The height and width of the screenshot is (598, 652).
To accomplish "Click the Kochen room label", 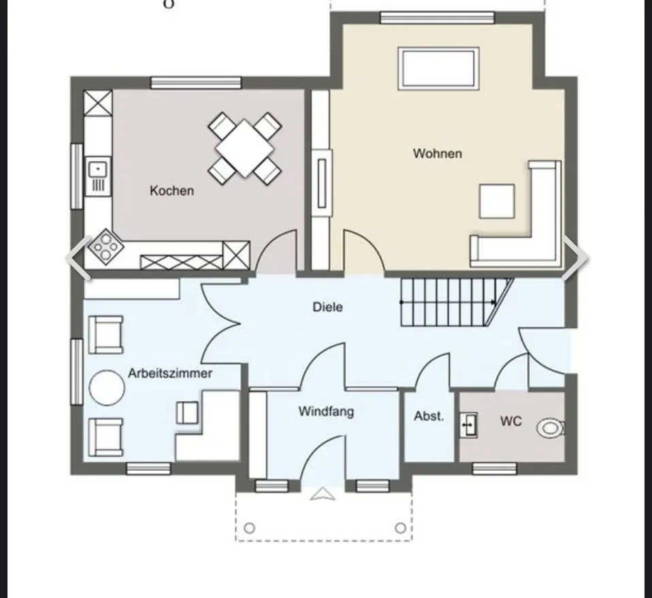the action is [172, 190].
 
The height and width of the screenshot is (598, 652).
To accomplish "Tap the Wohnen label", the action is [438, 153].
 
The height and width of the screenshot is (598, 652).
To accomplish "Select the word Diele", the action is [327, 307].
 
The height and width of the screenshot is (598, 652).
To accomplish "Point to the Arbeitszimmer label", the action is [170, 373].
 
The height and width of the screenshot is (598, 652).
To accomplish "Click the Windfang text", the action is [327, 412].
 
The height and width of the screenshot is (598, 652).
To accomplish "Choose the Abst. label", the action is [429, 416].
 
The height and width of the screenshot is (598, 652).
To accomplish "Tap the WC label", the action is [510, 421].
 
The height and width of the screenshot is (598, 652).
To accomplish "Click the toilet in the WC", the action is [551, 428].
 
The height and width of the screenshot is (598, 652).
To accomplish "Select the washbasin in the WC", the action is [468, 425].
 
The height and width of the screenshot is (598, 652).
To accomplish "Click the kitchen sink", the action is [98, 176].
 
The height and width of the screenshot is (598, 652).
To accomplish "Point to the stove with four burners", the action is [105, 247].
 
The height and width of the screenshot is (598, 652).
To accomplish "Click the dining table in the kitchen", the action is [244, 148].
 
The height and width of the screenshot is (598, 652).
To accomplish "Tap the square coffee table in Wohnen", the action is [496, 201].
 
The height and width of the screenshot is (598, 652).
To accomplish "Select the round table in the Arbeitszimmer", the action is [107, 387].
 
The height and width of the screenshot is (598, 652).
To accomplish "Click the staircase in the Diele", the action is [457, 302].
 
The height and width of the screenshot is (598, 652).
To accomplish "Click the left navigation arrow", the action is [78, 258].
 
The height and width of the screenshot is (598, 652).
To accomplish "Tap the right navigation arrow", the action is [574, 258].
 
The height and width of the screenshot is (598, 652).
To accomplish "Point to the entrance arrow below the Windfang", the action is [323, 494].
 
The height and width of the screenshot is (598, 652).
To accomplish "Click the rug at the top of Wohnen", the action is [438, 69].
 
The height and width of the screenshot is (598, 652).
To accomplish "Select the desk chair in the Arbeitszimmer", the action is [187, 412].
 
